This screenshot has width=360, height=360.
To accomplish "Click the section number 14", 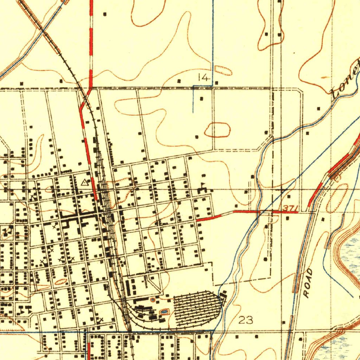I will click(204, 77).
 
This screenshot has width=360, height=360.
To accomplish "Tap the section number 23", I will click(246, 320).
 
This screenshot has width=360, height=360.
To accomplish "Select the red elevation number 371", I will click(290, 208).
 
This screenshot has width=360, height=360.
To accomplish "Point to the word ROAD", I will click(308, 283).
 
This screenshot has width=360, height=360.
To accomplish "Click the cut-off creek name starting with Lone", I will click(347, 79).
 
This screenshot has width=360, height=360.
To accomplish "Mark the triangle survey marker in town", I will click(84, 182).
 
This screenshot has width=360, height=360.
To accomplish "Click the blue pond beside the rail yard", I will click(164, 311).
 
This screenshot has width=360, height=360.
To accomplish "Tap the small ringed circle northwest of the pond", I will click(153, 300).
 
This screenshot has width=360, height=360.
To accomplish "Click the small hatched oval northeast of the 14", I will click(223, 71).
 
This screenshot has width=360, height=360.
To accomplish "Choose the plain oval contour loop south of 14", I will click(218, 130).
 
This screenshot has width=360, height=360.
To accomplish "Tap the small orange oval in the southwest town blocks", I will click(61, 282).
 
